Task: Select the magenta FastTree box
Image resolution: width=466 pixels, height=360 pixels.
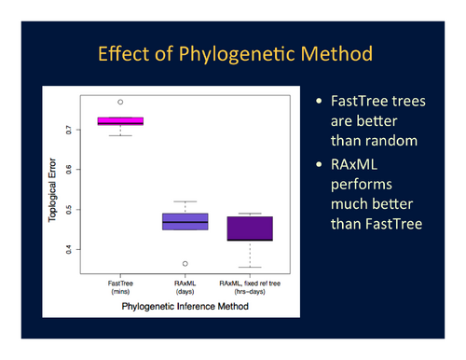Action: [x=120, y=120]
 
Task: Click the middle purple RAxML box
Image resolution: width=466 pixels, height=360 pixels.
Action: [x=185, y=221]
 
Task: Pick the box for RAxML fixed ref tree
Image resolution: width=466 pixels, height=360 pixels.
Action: [x=250, y=228]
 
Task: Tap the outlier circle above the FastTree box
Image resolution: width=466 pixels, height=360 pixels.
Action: [x=120, y=102]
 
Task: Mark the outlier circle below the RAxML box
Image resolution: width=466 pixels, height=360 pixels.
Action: [x=185, y=264]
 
